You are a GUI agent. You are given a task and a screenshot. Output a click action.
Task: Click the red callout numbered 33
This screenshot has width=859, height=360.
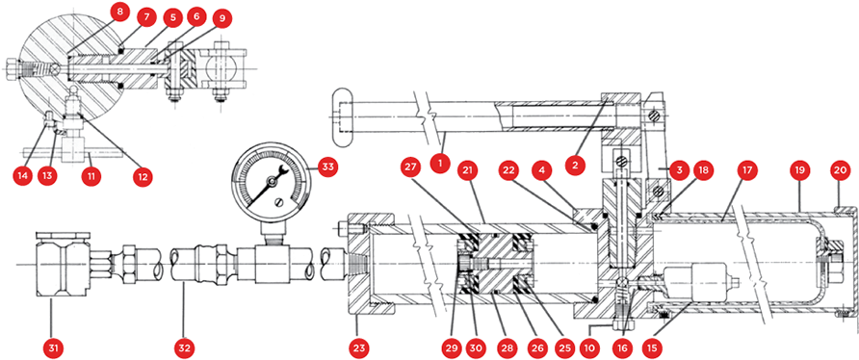coord(327,168)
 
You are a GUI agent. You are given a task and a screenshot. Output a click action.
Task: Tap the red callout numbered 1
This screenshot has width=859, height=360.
coord(438,164)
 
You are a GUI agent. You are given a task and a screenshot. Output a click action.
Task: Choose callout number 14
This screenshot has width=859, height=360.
coord(23,175)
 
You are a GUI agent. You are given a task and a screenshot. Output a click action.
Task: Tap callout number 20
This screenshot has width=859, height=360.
coord(846,170)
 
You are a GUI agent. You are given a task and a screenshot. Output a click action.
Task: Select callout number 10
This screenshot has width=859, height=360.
coord(595,347)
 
